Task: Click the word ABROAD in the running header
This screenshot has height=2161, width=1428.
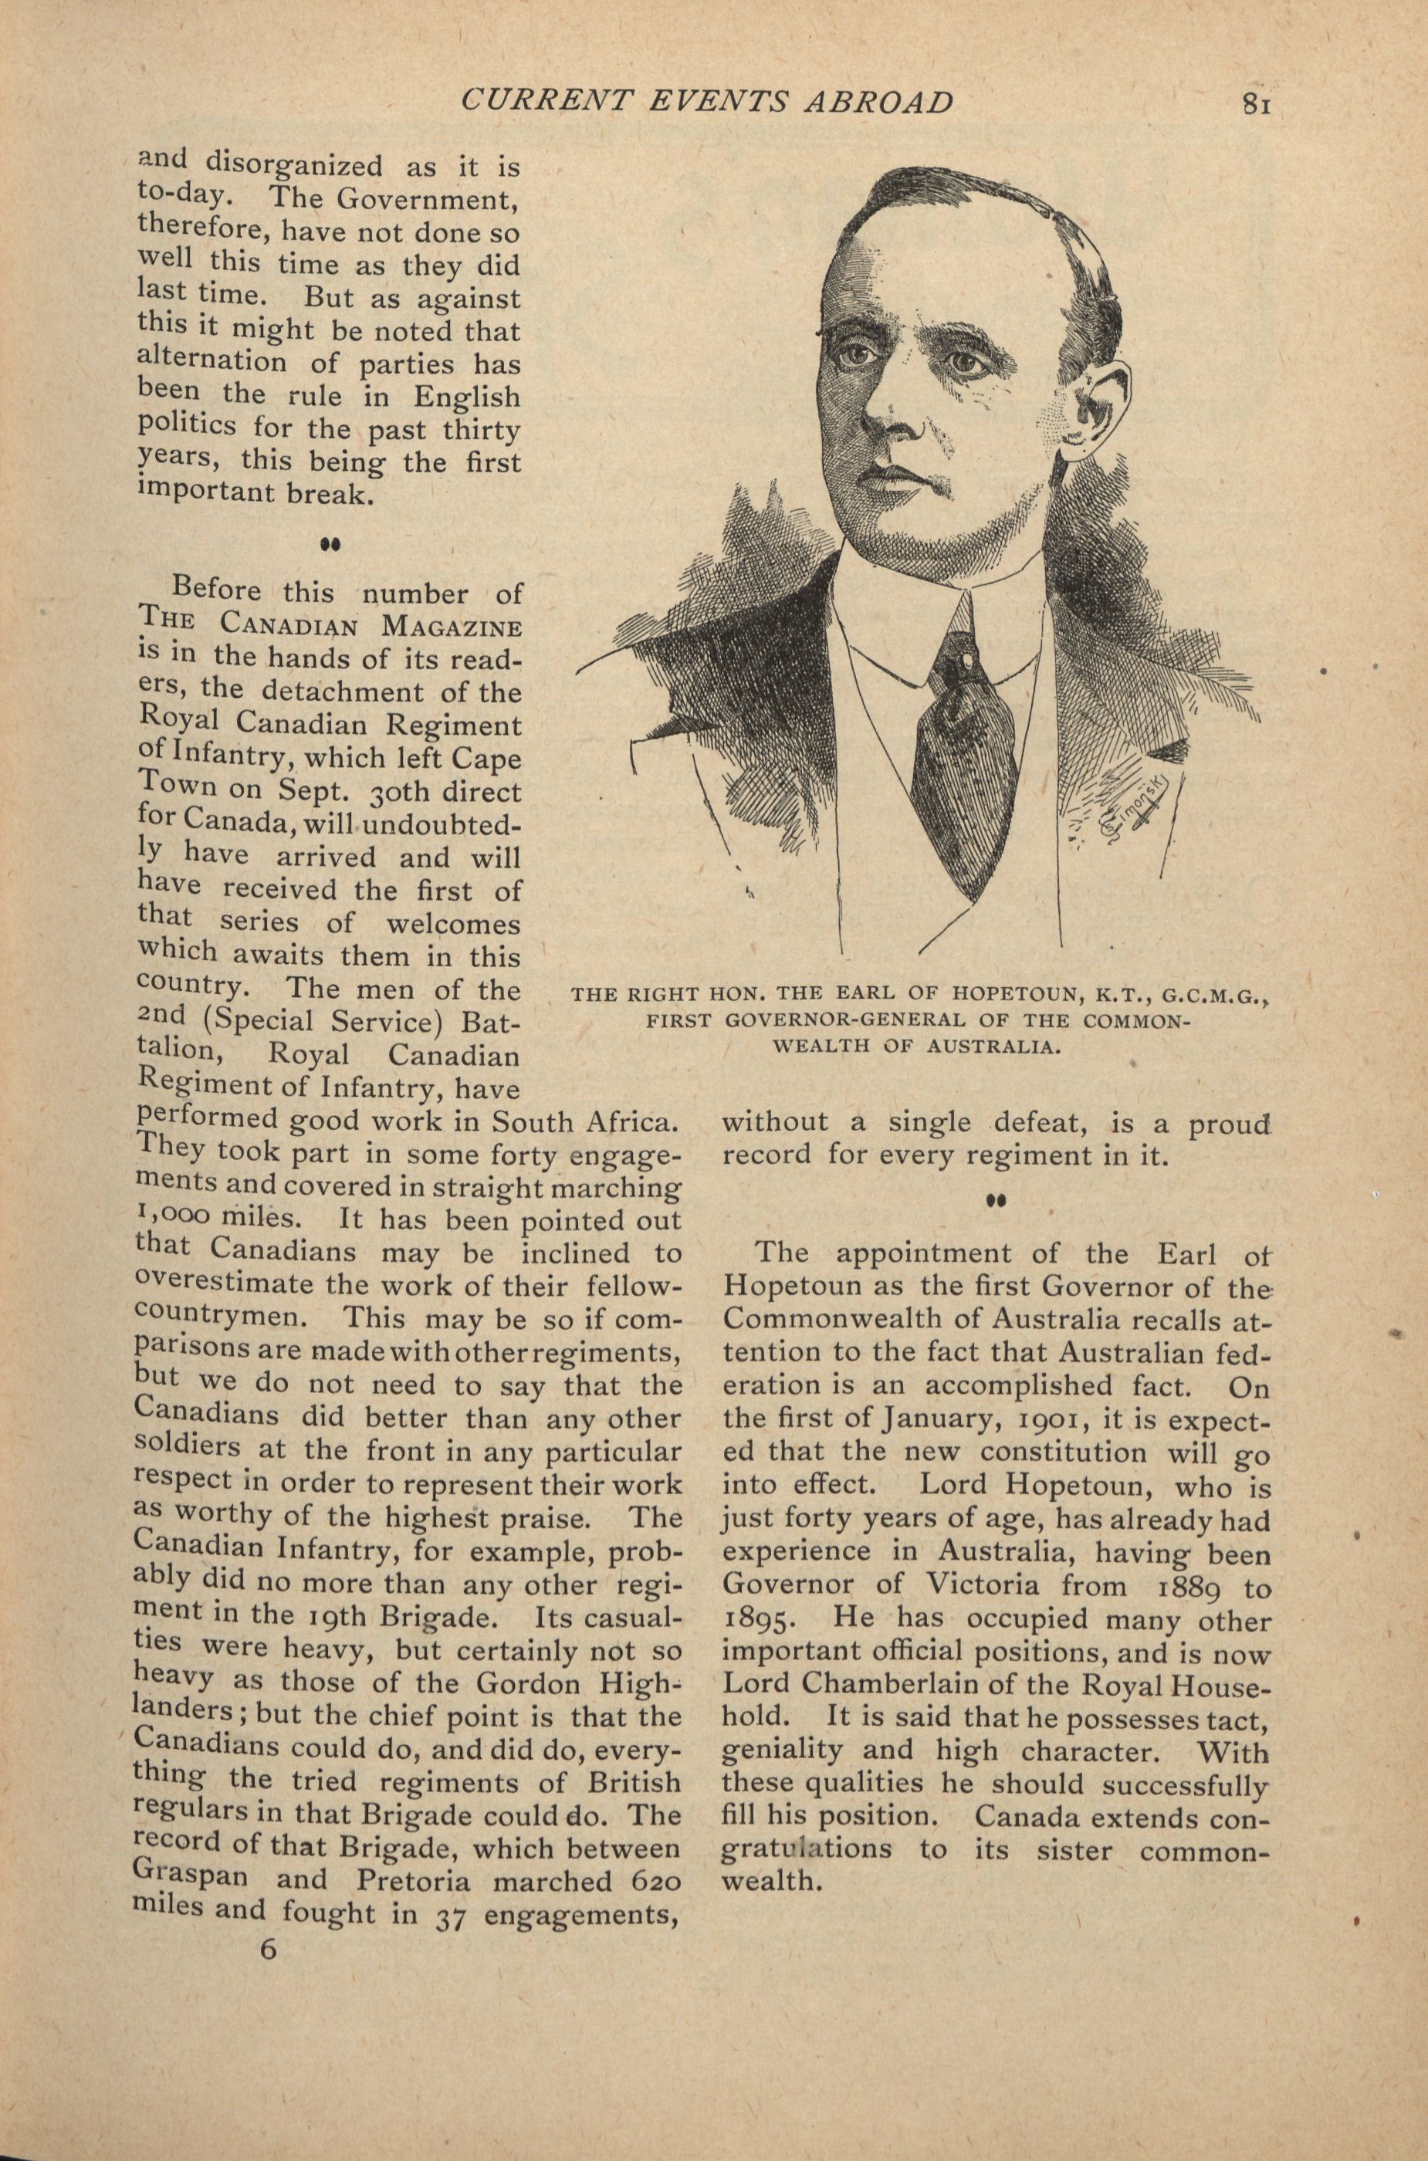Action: point(881,101)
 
